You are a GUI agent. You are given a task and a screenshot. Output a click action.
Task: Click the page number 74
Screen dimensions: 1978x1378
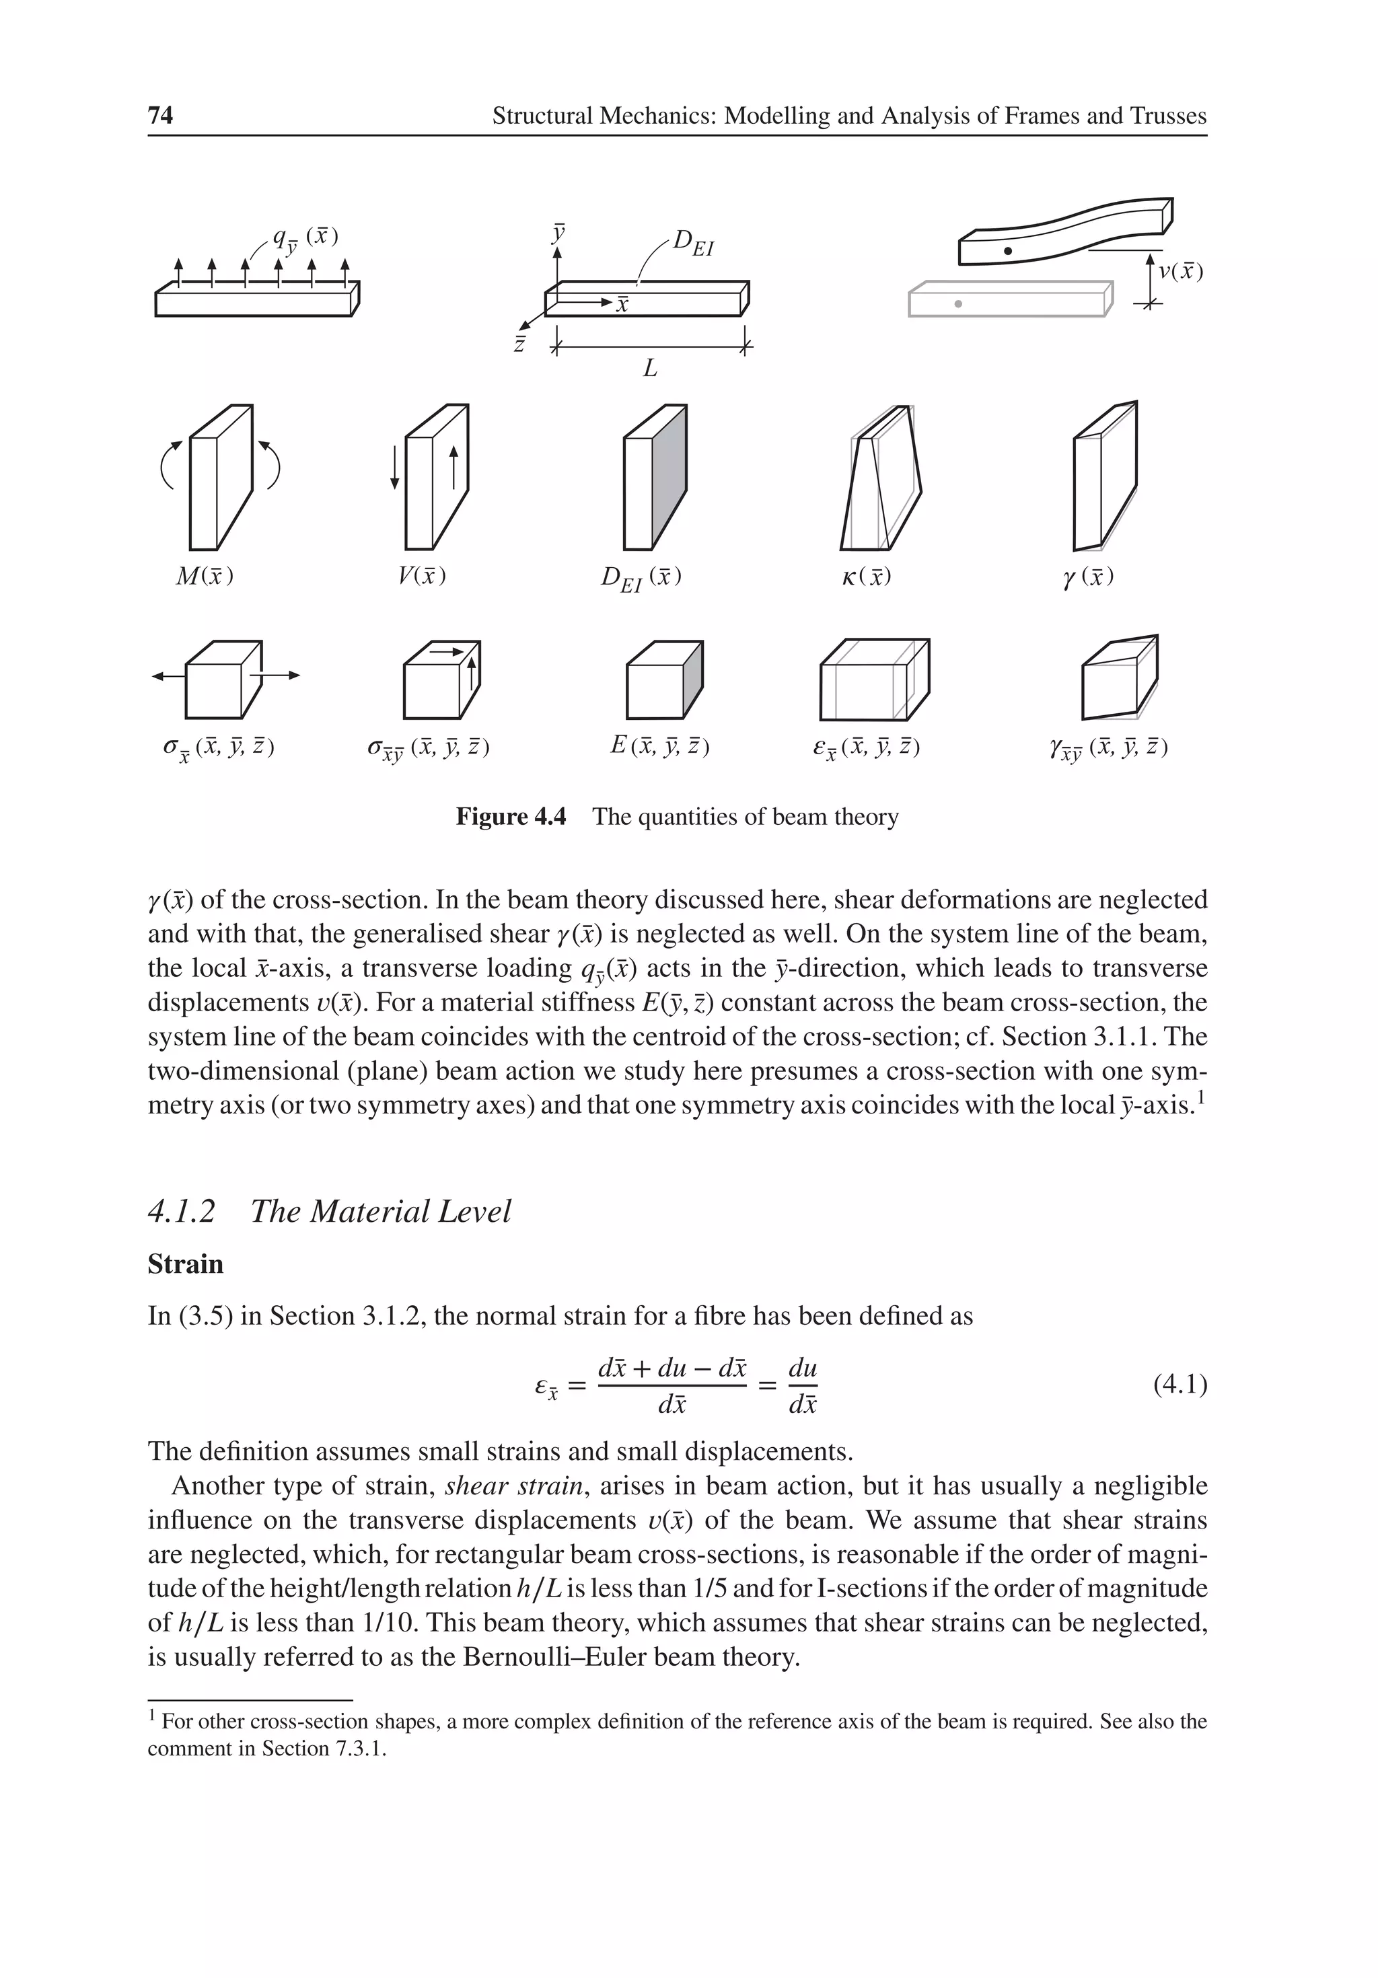coord(160,116)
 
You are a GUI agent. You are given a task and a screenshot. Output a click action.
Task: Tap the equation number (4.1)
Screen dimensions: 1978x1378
coord(1179,1385)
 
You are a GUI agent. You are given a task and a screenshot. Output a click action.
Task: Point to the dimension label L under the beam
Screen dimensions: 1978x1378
coord(651,369)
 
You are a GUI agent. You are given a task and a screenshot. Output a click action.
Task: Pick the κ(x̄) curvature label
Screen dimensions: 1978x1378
coord(865,577)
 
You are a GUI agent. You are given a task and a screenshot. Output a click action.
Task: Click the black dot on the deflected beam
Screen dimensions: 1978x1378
coord(1007,251)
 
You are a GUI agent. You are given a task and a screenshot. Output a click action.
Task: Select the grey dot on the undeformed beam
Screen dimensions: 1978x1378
coord(957,304)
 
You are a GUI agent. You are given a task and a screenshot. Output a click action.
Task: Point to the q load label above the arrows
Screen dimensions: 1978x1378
coord(304,239)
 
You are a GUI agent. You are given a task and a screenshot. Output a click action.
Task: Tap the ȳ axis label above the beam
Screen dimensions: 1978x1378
coord(558,233)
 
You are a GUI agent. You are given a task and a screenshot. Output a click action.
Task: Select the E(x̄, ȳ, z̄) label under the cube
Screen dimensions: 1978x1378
coord(659,746)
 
